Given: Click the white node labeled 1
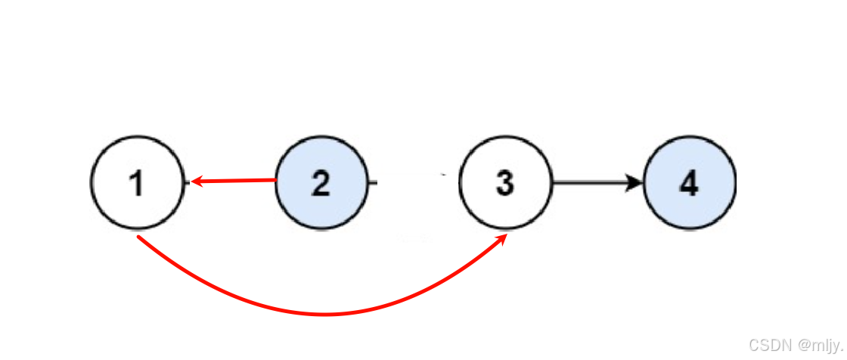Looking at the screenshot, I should (x=137, y=182).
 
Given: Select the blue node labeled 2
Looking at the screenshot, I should (x=321, y=182).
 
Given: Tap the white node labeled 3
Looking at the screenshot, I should (x=504, y=182).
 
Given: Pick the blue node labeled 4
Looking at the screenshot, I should (x=689, y=182).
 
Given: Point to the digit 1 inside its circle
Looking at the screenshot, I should (x=136, y=184).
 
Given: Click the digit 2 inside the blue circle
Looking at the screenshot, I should (x=321, y=184).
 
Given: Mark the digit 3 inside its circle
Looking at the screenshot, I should (x=504, y=184).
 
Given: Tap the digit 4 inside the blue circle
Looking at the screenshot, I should (x=689, y=184).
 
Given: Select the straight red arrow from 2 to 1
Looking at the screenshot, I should (x=234, y=181).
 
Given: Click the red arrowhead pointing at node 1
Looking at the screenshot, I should (x=196, y=182).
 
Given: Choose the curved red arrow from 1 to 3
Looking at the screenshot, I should (x=325, y=313).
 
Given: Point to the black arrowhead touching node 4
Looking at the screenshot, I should (x=635, y=182).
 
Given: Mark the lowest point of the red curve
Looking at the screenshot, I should (x=325, y=314).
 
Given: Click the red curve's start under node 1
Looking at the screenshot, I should (x=139, y=238).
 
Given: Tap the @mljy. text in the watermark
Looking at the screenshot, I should (x=820, y=346).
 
